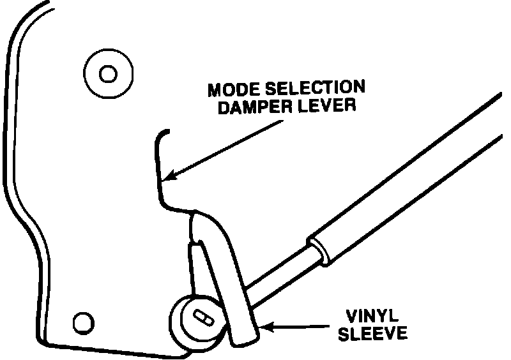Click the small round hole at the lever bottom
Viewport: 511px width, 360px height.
coord(81,320)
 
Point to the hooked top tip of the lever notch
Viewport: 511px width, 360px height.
coord(164,132)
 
